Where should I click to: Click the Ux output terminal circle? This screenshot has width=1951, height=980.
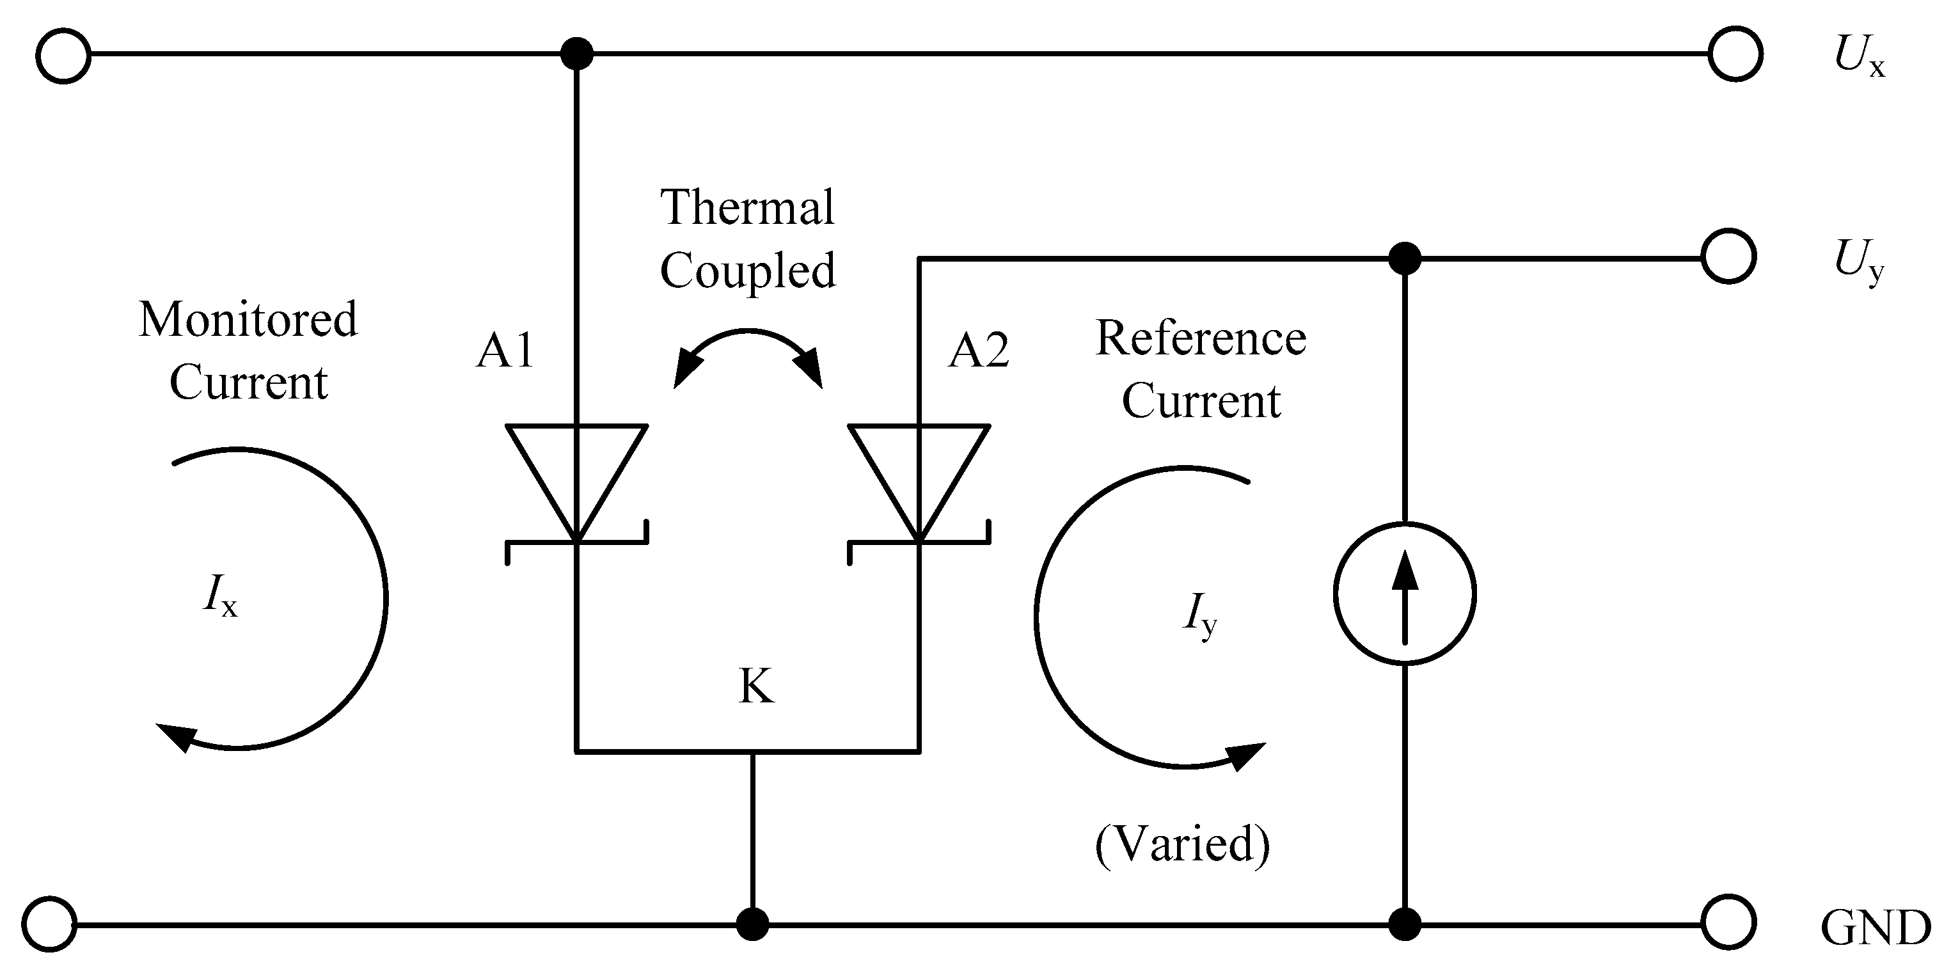coord(1735,54)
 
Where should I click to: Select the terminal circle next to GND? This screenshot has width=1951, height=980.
coord(1728,922)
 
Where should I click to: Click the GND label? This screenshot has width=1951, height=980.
coord(1876,928)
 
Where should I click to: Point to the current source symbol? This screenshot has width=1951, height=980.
coord(1404,594)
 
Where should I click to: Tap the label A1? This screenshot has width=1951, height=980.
coord(505,351)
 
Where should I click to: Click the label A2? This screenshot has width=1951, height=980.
coord(979,351)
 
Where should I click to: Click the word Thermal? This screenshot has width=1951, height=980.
coord(748,207)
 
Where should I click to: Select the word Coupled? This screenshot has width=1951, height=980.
coord(748,271)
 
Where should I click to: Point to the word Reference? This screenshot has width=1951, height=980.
coord(1201,338)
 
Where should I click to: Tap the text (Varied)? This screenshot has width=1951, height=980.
coord(1182,844)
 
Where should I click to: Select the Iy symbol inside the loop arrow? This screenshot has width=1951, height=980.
coord(1199,614)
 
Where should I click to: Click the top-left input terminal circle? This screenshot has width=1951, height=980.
coord(63,55)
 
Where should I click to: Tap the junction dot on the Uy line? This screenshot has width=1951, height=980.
coord(1404,258)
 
